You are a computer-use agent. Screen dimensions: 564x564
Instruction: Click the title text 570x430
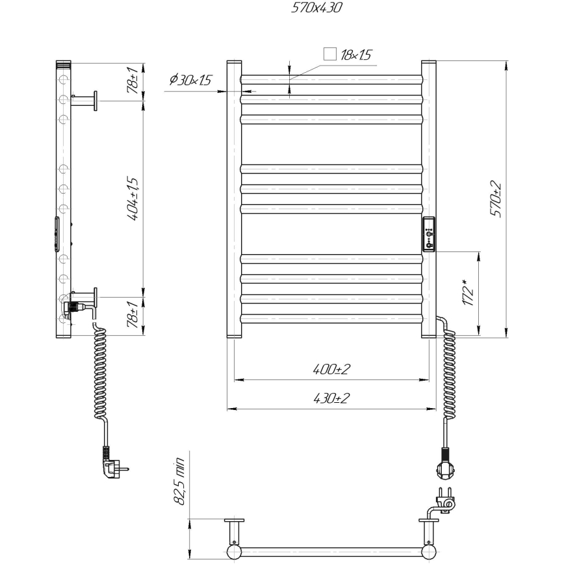coord(315,8)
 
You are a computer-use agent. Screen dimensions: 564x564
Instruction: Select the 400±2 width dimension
coord(331,369)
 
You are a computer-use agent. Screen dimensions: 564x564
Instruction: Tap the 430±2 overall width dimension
coord(331,398)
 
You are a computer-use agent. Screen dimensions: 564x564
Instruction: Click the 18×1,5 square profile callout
coord(356,55)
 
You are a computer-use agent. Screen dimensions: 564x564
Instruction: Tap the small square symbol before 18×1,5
coord(330,55)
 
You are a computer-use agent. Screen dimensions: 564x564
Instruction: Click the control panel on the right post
coord(429,234)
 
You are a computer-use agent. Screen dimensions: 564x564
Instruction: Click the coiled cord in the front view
coord(448,370)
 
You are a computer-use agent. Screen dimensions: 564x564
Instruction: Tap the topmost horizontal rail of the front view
coord(331,80)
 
